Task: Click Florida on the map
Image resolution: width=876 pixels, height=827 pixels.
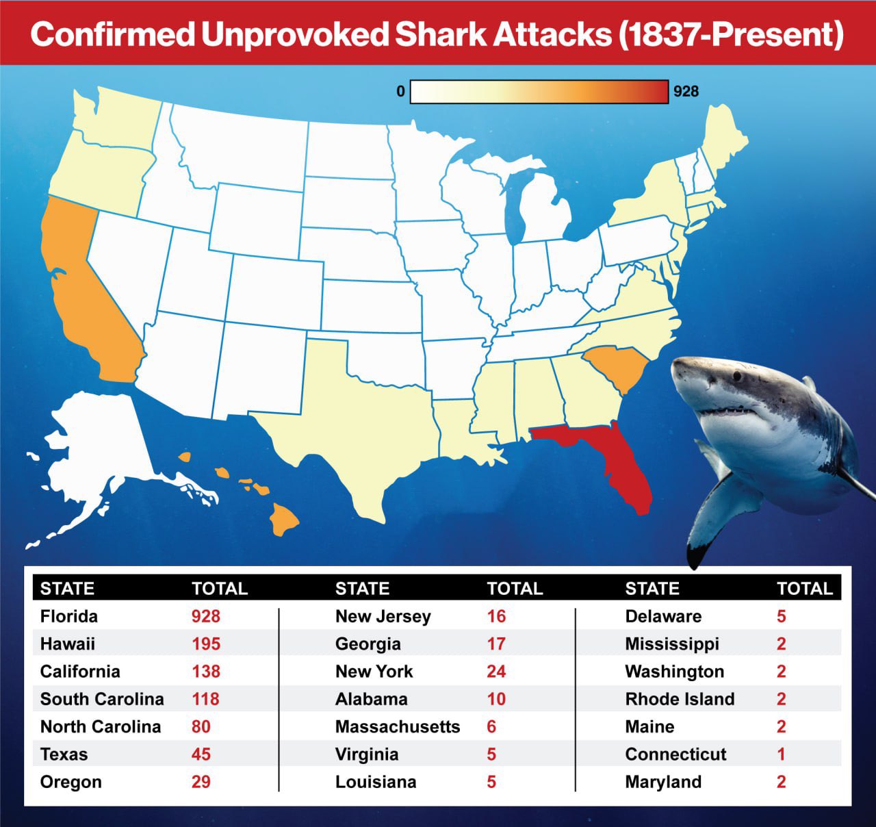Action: (619, 459)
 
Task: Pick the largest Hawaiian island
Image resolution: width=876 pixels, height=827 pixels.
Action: (284, 519)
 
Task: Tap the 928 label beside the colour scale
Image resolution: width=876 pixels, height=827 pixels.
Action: (686, 92)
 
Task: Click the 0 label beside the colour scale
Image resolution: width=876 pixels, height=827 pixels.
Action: (400, 92)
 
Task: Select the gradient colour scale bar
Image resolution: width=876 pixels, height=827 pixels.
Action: (539, 92)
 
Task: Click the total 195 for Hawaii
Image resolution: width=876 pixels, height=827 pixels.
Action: (206, 644)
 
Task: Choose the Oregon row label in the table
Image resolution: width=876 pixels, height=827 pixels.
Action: (71, 782)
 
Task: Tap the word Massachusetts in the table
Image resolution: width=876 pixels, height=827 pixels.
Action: (398, 727)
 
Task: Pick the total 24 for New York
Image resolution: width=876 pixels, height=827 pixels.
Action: (496, 672)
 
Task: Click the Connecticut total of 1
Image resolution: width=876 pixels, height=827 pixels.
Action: (782, 754)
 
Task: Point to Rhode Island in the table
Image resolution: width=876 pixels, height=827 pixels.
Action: (680, 699)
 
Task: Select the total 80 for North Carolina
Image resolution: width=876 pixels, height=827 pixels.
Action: (201, 727)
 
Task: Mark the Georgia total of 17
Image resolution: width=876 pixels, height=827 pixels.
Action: (496, 644)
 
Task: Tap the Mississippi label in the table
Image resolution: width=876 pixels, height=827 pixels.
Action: (672, 644)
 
